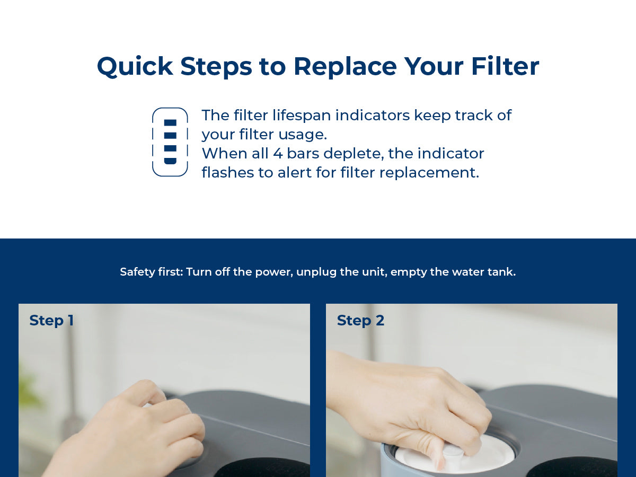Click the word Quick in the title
[135, 67]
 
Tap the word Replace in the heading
[345, 66]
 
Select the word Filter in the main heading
[505, 66]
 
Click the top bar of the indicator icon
[170, 122]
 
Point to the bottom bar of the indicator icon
[170, 161]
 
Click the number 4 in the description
[278, 153]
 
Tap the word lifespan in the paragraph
[302, 115]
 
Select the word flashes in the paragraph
[227, 172]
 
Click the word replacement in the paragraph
[429, 173]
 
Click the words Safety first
[152, 272]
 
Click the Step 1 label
[51, 321]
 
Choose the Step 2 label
[360, 321]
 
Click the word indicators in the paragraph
[373, 115]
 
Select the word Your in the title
[434, 66]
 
